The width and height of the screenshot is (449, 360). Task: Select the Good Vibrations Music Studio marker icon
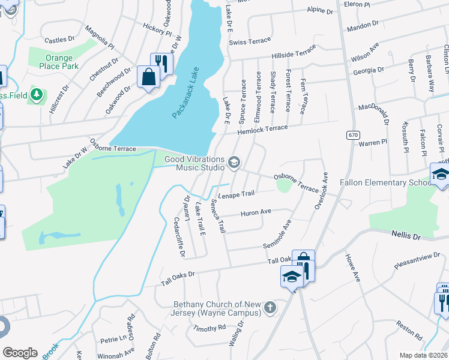(234, 162)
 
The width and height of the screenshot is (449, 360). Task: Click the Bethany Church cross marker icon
(270, 308)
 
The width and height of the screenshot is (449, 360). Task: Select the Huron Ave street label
(256, 212)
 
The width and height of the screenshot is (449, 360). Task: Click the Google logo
(20, 352)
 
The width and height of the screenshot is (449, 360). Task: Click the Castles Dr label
(59, 39)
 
